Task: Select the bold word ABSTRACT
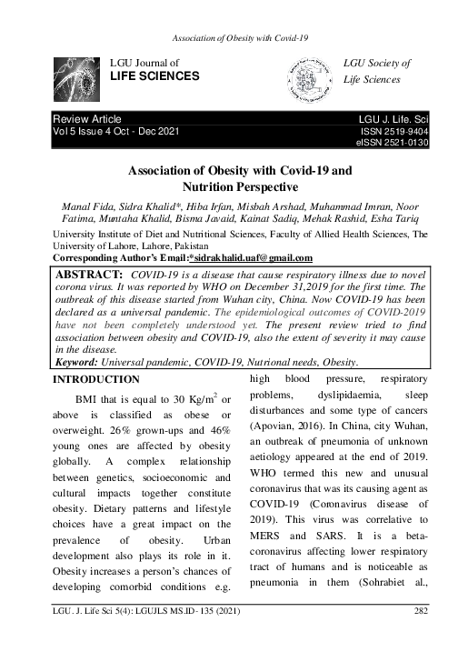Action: click(x=88, y=274)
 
